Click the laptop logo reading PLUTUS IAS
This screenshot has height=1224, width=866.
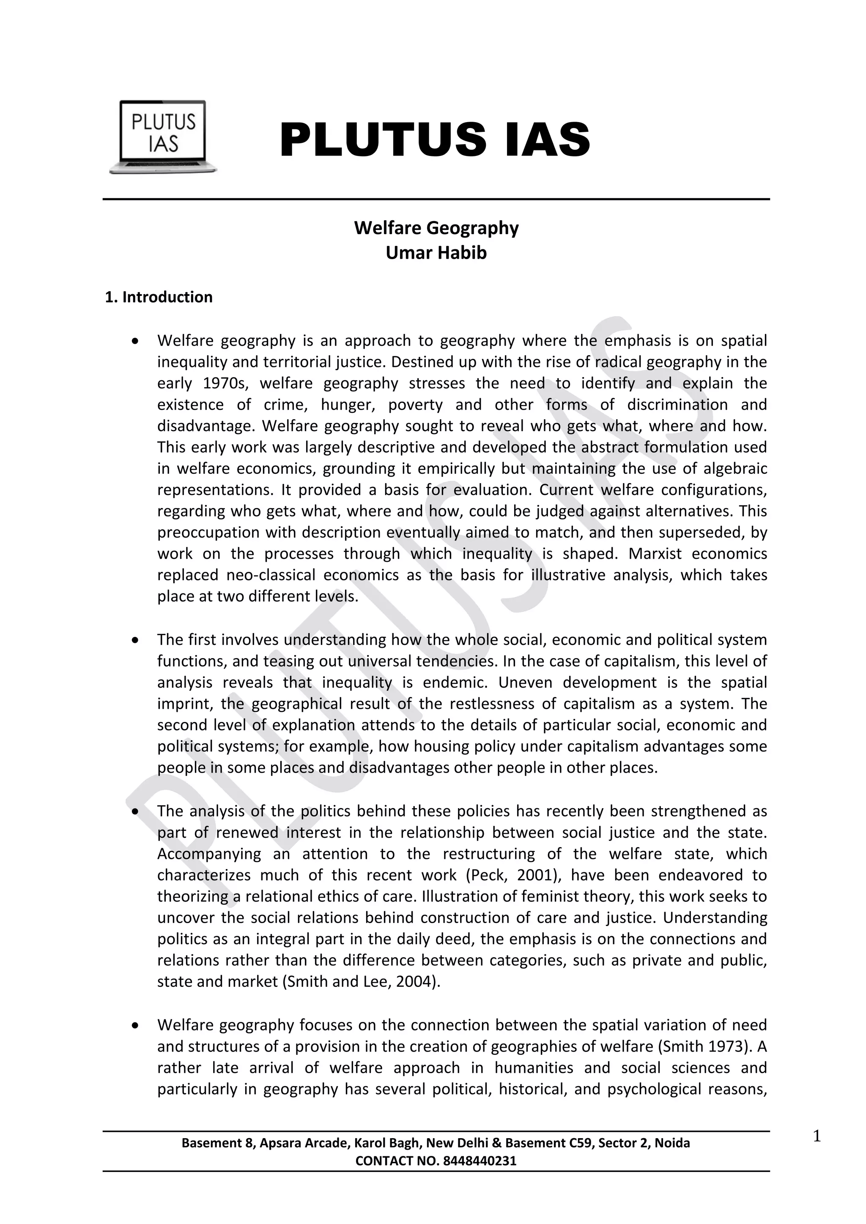pos(163,137)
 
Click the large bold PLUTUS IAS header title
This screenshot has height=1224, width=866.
pos(435,140)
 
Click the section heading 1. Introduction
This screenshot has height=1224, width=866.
pos(159,298)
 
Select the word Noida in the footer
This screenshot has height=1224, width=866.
pos(672,1143)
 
